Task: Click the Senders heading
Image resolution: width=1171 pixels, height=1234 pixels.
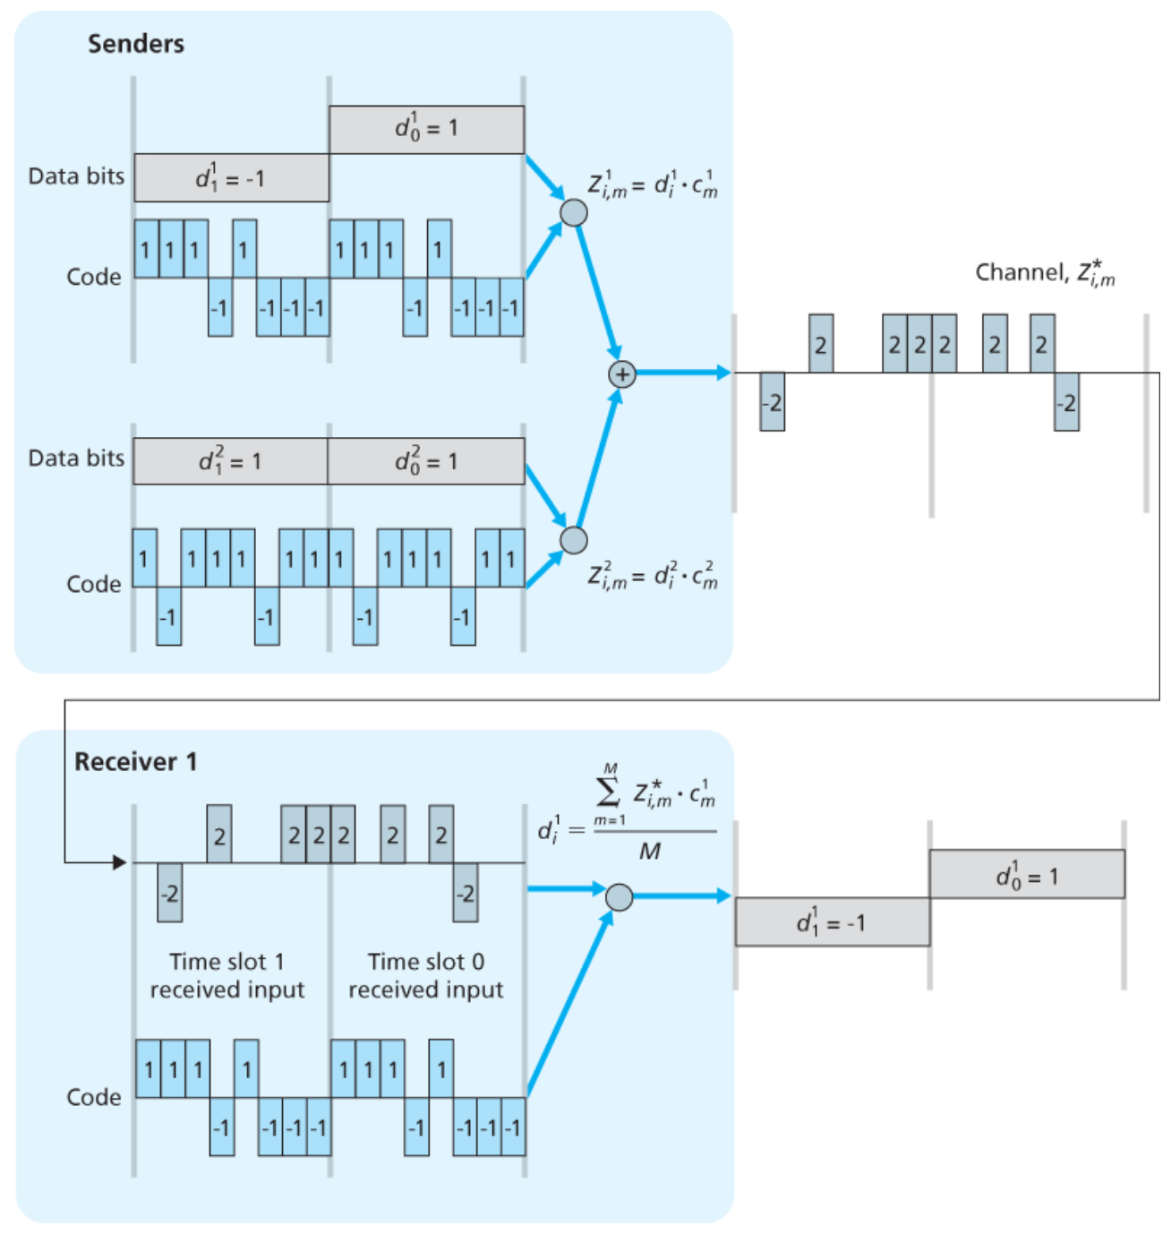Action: pos(136,44)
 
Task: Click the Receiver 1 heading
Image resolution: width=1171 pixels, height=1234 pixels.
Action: pos(135,762)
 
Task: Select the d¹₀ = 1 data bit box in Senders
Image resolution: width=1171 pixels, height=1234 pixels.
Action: pos(426,130)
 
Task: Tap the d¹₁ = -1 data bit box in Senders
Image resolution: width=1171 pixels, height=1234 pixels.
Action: pos(231,178)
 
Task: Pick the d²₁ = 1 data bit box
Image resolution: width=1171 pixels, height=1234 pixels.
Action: pos(230,461)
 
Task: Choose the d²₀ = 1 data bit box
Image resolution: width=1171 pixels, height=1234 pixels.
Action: pos(426,461)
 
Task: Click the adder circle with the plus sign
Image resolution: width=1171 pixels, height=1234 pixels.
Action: pos(622,374)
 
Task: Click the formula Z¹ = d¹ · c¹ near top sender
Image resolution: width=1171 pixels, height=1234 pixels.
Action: pos(653,185)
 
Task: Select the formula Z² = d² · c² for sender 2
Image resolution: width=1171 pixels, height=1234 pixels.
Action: pos(653,575)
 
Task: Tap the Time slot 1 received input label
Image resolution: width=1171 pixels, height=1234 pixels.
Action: pos(227,975)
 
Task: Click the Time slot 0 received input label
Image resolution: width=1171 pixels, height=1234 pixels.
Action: pos(426,975)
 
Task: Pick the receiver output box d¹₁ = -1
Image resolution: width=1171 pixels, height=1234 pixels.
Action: pos(833,922)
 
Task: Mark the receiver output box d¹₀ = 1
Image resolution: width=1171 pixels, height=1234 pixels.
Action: pos(1027,875)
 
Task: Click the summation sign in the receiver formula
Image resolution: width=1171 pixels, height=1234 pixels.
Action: pos(608,791)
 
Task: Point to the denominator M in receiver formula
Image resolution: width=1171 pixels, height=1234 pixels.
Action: pos(650,852)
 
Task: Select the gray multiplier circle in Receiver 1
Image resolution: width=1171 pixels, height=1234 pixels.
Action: pos(620,896)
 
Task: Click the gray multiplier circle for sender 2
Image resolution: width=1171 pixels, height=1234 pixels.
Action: pos(574,540)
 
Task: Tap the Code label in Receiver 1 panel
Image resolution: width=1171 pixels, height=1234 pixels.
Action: pos(94,1098)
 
